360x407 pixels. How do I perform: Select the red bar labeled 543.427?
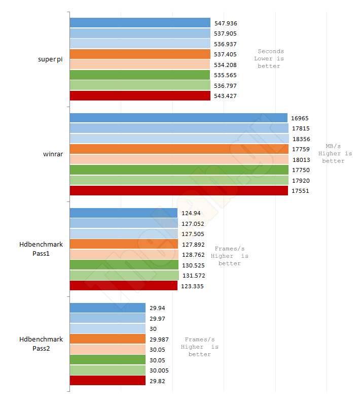pyautogui.click(x=140, y=96)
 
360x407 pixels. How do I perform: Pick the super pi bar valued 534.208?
pyautogui.click(x=139, y=64)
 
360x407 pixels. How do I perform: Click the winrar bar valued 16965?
pyautogui.click(x=178, y=118)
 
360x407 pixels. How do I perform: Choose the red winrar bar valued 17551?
pyautogui.click(x=179, y=191)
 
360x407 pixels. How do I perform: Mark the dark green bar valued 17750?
pyautogui.click(x=179, y=170)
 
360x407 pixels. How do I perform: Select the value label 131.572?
pyautogui.click(x=193, y=275)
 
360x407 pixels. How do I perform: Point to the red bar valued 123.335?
pyautogui.click(x=123, y=286)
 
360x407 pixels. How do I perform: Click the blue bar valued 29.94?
pyautogui.click(x=107, y=308)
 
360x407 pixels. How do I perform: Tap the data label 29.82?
pyautogui.click(x=157, y=381)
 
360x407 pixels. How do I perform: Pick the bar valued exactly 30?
pyautogui.click(x=107, y=328)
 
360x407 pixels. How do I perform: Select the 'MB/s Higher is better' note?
pyautogui.click(x=333, y=153)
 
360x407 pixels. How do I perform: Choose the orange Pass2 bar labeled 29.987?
pyautogui.click(x=107, y=339)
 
